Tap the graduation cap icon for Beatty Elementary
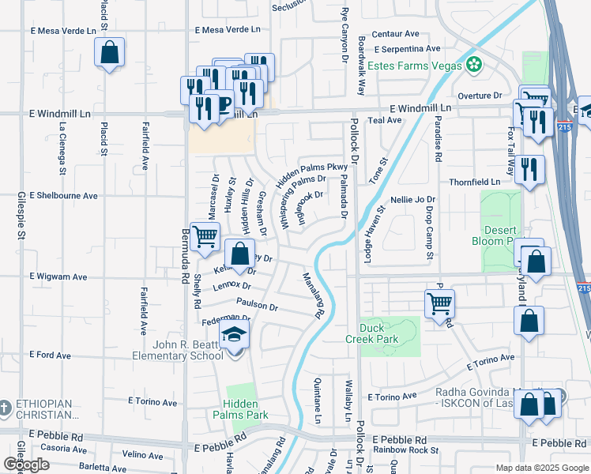235,336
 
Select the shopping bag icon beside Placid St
110,54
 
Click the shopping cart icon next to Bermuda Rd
205,235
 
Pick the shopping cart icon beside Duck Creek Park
439,302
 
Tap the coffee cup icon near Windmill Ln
223,103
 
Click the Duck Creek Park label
376,333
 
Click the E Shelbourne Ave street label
63,195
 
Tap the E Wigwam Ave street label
58,277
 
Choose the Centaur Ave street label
395,34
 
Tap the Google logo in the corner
27,465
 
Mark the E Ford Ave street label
51,355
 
